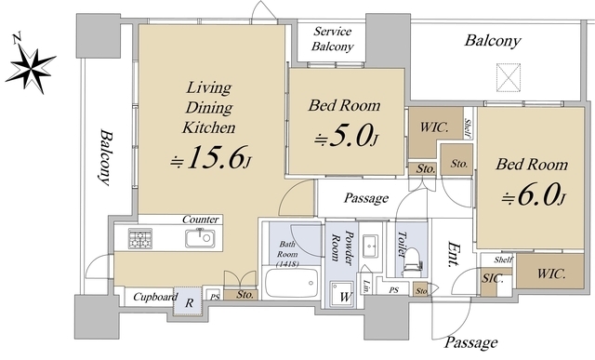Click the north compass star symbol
point(32,69)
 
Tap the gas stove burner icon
point(140,238)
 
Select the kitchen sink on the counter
point(200,238)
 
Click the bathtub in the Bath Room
point(291,284)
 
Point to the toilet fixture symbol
point(412,262)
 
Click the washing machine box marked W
point(343,294)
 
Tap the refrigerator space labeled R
point(189,300)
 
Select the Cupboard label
point(155,297)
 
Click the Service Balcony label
point(332,39)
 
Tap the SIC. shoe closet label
point(492,279)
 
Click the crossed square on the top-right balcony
point(509,77)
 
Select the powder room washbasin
point(370,244)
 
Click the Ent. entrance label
point(454,254)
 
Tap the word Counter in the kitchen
point(201,220)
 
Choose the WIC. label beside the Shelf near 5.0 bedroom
point(433,127)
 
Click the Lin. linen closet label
point(366,287)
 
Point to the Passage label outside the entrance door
point(470,342)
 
